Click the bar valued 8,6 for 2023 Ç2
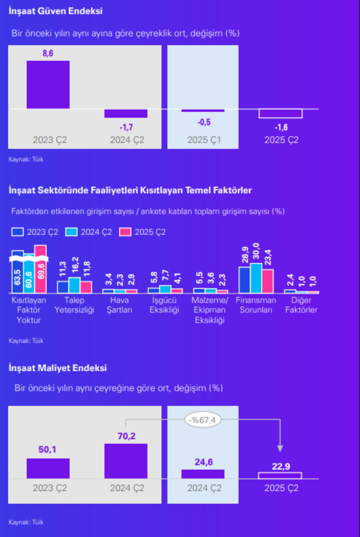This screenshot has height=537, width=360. (48, 84)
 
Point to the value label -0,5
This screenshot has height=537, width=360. (204, 122)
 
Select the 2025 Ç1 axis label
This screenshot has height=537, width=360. (204, 140)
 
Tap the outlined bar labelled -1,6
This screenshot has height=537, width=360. (281, 114)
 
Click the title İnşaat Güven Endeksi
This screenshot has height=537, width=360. (56, 11)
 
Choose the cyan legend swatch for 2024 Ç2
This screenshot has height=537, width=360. (71, 232)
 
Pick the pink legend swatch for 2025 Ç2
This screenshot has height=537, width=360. (125, 232)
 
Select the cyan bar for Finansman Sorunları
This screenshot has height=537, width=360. (256, 278)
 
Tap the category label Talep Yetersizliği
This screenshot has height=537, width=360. (74, 305)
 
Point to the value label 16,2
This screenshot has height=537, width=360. (75, 265)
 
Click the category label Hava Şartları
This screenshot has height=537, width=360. (119, 305)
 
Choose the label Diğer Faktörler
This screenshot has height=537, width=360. (301, 305)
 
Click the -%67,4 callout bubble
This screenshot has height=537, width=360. (202, 420)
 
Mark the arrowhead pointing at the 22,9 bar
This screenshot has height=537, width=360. (280, 448)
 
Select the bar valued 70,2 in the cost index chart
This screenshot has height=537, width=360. (126, 461)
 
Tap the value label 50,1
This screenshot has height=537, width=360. (47, 450)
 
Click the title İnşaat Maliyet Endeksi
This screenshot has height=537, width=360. (58, 368)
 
